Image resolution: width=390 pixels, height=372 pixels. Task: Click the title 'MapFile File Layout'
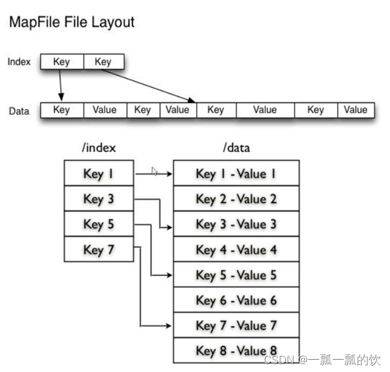click(x=71, y=23)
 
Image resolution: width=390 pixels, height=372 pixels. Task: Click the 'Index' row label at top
click(x=19, y=62)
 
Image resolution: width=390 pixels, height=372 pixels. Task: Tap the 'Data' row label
click(x=19, y=111)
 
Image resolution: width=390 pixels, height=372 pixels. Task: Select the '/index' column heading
click(x=98, y=148)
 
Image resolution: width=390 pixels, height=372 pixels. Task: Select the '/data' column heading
click(x=236, y=148)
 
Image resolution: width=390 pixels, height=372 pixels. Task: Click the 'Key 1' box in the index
click(x=99, y=174)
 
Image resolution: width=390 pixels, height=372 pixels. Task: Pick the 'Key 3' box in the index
click(x=99, y=199)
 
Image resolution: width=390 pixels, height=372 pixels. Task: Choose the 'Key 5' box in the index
click(x=99, y=224)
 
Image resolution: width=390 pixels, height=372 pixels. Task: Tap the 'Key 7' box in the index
click(x=99, y=249)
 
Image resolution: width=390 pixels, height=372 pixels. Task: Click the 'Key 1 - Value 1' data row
click(x=236, y=174)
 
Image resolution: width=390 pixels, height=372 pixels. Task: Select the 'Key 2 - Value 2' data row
click(x=236, y=199)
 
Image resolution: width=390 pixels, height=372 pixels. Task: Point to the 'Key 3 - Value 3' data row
click(x=236, y=224)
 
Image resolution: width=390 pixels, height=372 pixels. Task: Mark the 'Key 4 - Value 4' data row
click(x=236, y=249)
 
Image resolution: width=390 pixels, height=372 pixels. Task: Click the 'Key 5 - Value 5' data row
click(x=236, y=274)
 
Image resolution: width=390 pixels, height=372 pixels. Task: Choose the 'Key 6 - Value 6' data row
click(x=236, y=299)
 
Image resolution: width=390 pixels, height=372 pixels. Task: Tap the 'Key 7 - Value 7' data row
click(x=236, y=325)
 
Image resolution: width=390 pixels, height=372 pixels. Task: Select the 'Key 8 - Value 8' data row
click(x=236, y=350)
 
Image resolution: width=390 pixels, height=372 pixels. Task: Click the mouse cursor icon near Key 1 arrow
click(x=155, y=172)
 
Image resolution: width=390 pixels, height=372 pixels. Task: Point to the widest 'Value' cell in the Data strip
click(x=265, y=110)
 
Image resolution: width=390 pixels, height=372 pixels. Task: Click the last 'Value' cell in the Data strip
click(x=355, y=110)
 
